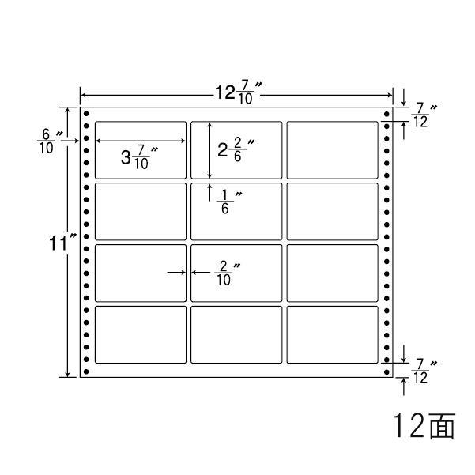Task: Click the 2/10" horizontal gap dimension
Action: pyautogui.click(x=225, y=273)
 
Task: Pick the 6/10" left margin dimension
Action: pyautogui.click(x=46, y=141)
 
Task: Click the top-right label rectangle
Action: pyautogui.click(x=332, y=149)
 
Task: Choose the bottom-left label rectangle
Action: pyautogui.click(x=141, y=335)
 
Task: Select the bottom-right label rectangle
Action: pyautogui.click(x=332, y=335)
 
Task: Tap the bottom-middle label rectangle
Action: pyautogui.click(x=236, y=335)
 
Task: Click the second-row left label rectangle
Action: pyautogui.click(x=141, y=211)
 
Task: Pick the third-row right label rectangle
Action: pyautogui.click(x=332, y=273)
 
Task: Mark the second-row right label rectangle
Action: pyautogui.click(x=332, y=211)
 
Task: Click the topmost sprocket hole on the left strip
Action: pyautogui.click(x=86, y=115)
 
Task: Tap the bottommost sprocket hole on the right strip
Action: pyautogui.click(x=386, y=371)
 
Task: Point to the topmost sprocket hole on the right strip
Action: pyautogui.click(x=386, y=115)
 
